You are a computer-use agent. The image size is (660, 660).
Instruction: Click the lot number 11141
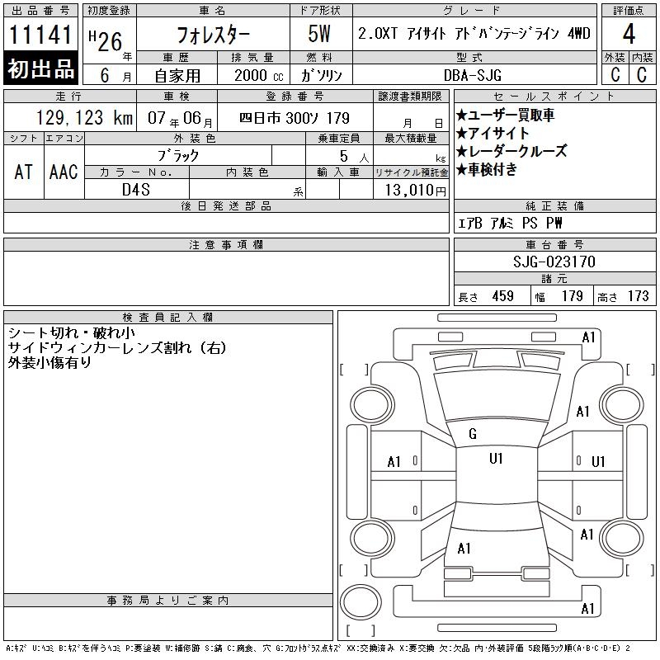click(x=40, y=35)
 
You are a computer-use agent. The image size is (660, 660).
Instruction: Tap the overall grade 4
click(x=629, y=34)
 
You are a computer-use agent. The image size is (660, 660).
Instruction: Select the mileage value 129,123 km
click(x=84, y=118)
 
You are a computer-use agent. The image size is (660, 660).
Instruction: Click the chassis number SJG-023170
click(x=554, y=262)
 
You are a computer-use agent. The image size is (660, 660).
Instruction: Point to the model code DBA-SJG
click(x=473, y=75)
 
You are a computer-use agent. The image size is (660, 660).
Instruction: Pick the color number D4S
click(x=136, y=190)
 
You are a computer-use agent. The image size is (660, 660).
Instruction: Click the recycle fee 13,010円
click(x=415, y=191)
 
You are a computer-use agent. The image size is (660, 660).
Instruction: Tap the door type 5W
click(x=319, y=34)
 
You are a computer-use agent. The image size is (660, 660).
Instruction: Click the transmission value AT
click(x=23, y=172)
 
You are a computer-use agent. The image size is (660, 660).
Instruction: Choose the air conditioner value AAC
click(x=64, y=172)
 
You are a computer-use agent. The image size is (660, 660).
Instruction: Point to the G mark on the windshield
click(x=473, y=434)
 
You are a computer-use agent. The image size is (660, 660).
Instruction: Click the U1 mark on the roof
click(x=496, y=459)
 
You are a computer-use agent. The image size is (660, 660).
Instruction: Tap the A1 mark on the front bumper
click(x=588, y=337)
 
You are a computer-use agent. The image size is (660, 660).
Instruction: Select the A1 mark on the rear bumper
click(x=587, y=609)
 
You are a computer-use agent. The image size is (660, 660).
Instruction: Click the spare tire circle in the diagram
click(x=361, y=602)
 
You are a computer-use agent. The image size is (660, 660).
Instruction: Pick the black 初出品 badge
click(x=40, y=68)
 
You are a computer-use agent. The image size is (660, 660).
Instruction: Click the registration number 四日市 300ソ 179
click(x=295, y=118)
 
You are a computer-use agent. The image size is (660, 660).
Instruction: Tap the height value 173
click(x=638, y=296)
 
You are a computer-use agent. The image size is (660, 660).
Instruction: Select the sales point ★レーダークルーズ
click(x=511, y=151)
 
